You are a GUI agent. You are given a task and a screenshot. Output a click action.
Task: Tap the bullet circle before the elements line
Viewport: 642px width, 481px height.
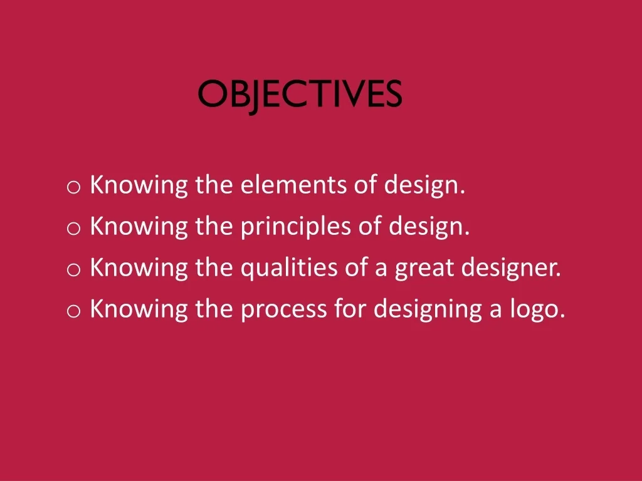[x=73, y=187]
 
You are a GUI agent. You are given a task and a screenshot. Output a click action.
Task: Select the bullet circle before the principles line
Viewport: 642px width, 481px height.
[x=73, y=228]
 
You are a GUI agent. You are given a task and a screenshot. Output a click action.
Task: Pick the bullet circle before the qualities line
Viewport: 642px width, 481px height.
[x=73, y=269]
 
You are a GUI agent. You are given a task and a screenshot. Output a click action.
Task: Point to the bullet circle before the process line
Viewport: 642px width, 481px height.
[x=73, y=311]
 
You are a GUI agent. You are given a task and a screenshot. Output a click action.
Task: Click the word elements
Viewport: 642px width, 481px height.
[x=293, y=185]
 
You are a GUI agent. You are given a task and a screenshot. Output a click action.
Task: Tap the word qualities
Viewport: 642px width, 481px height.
[x=289, y=268]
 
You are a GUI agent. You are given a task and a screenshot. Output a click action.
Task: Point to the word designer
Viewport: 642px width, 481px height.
[x=511, y=268]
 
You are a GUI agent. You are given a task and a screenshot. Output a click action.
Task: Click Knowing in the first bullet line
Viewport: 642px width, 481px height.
[x=139, y=185]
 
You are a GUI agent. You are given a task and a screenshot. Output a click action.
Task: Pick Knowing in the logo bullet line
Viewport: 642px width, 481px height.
[x=139, y=309]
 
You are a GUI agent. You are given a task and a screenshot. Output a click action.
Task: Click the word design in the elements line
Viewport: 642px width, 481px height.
[x=424, y=185]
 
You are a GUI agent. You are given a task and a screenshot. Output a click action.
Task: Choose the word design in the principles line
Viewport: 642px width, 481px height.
[x=429, y=227]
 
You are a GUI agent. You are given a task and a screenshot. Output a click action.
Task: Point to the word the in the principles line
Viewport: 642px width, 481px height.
[x=214, y=225]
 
